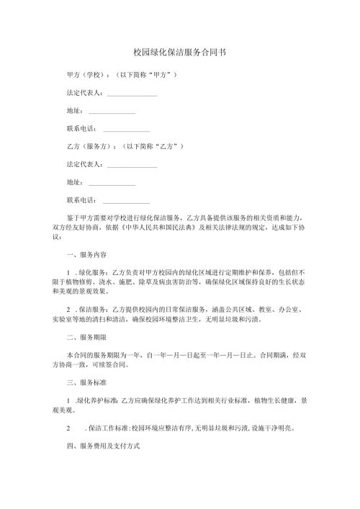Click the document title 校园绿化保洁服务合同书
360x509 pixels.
(x=180, y=53)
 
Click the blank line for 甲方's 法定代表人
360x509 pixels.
(x=132, y=93)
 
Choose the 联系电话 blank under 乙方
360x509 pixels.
(x=126, y=201)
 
